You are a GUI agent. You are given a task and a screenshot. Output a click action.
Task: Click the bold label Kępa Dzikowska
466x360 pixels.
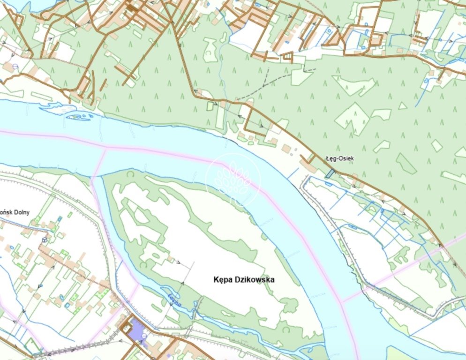(x=241, y=280)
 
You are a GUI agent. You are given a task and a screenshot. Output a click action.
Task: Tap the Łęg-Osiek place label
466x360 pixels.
(x=339, y=159)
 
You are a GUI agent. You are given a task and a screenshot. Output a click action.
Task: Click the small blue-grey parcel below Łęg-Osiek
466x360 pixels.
(x=330, y=173)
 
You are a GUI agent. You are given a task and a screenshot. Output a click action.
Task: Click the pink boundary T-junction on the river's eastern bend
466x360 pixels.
(x=344, y=300)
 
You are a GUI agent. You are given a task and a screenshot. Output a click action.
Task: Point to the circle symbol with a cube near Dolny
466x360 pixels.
(x=45, y=240)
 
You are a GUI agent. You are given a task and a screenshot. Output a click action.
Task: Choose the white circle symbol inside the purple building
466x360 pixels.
(x=143, y=336)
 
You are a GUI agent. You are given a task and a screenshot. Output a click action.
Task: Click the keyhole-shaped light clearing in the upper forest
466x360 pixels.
(x=210, y=50)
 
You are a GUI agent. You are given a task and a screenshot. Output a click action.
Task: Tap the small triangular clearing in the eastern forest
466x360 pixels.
(x=402, y=106)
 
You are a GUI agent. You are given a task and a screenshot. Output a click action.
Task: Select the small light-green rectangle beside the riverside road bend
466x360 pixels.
(x=210, y=106)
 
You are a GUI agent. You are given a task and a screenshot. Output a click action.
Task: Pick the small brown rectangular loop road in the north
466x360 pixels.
(x=287, y=57)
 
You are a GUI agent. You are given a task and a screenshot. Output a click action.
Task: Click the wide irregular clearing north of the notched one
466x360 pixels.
(x=354, y=85)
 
